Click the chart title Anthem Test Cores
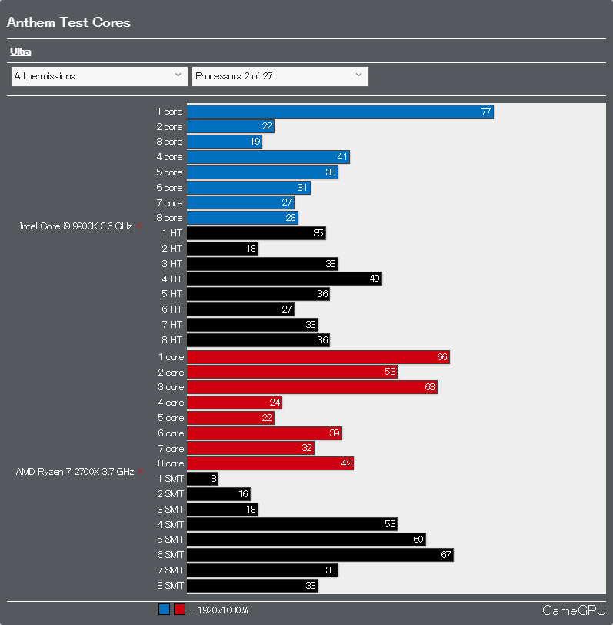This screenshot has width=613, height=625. pyautogui.click(x=68, y=22)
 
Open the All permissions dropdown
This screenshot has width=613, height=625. pyautogui.click(x=99, y=76)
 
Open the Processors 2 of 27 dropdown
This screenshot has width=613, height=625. pyautogui.click(x=279, y=76)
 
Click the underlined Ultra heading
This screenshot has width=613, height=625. pyautogui.click(x=20, y=52)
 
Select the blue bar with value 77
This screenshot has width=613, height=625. pyautogui.click(x=339, y=112)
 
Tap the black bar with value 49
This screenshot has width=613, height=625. pyautogui.click(x=284, y=279)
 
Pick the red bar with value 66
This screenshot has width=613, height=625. pyautogui.click(x=318, y=357)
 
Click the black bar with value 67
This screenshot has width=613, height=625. pyautogui.click(x=320, y=555)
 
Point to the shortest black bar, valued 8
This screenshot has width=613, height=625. pyautogui.click(x=202, y=479)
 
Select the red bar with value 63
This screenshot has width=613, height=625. pyautogui.click(x=311, y=387)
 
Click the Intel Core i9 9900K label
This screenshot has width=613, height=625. pyautogui.click(x=76, y=226)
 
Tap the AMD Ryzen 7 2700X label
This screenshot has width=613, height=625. pyautogui.click(x=75, y=472)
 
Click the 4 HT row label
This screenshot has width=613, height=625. pyautogui.click(x=172, y=279)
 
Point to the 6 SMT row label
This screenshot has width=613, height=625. pyautogui.click(x=170, y=555)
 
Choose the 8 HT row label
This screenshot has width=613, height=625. pyautogui.click(x=172, y=339)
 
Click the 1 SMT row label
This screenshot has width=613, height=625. pyautogui.click(x=170, y=479)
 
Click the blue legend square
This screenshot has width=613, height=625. pyautogui.click(x=164, y=610)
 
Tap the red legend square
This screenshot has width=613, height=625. pyautogui.click(x=179, y=610)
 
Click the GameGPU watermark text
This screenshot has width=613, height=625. pyautogui.click(x=574, y=610)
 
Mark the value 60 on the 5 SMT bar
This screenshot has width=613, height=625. pyautogui.click(x=418, y=540)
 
